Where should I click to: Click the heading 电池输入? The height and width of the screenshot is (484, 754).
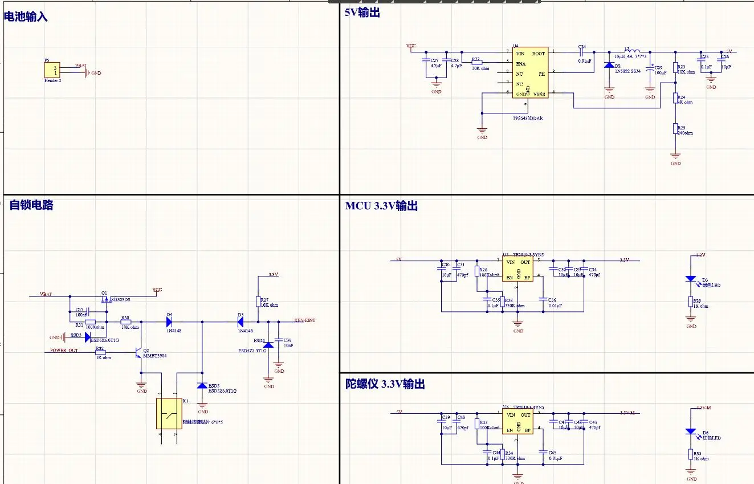click(x=26, y=17)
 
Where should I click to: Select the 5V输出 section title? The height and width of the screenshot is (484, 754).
click(x=362, y=12)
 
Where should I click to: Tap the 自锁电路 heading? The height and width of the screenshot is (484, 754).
click(x=31, y=205)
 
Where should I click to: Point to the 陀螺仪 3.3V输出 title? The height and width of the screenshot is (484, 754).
click(x=385, y=384)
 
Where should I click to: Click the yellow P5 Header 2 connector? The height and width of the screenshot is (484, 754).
click(x=52, y=71)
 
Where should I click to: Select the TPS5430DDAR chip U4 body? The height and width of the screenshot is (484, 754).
click(x=529, y=73)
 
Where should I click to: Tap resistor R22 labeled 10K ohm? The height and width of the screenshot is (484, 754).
click(x=477, y=61)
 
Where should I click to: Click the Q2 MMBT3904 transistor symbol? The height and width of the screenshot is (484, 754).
click(x=138, y=353)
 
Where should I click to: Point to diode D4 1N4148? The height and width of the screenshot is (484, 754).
click(x=169, y=322)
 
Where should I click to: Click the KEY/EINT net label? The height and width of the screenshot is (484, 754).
click(x=304, y=320)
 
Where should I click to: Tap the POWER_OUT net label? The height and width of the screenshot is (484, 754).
click(x=64, y=351)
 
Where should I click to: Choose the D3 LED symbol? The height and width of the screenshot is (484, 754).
click(x=691, y=279)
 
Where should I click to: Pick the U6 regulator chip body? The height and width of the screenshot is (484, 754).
click(x=518, y=423)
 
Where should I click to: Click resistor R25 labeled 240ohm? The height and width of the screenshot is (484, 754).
click(x=675, y=128)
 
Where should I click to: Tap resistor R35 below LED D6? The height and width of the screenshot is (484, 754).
click(x=691, y=454)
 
